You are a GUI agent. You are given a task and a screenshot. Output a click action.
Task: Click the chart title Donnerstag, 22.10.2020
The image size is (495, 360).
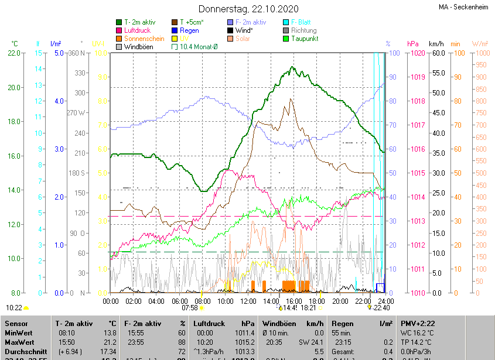248,9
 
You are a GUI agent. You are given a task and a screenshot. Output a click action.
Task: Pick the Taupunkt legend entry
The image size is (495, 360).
305,39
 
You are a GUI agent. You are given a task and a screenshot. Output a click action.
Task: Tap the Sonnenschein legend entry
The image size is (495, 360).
144,39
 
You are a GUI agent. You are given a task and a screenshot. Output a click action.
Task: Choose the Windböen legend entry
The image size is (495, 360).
139,47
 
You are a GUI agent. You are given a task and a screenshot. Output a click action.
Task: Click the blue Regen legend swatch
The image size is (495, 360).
175,30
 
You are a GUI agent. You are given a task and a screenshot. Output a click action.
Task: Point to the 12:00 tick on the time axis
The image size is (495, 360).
248,301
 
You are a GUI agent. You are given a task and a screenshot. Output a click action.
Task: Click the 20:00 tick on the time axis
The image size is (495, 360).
340,301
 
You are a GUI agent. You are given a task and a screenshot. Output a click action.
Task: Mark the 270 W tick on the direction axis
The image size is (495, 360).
76,113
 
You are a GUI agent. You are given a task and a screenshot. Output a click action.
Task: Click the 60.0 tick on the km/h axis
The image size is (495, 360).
437,53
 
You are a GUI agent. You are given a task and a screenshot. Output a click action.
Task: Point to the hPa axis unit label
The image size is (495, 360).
412,44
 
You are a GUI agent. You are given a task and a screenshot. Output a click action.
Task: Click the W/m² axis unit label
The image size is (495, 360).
479,44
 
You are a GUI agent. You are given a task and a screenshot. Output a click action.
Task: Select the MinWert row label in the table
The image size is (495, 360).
19,332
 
